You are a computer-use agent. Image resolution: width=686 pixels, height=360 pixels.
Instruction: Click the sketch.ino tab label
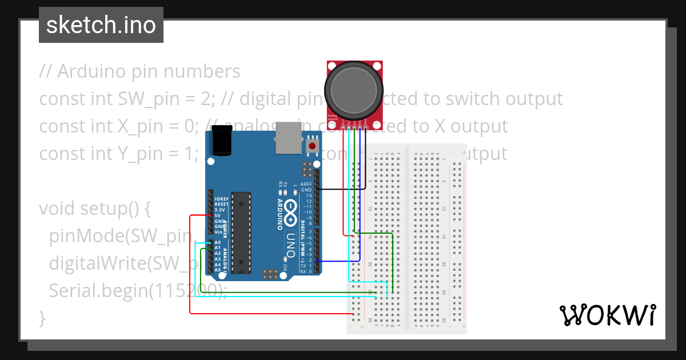tap(101, 25)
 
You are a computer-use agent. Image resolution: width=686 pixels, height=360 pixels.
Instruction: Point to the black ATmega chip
tap(241, 231)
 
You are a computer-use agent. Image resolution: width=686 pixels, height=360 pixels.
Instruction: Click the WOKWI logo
tap(607, 315)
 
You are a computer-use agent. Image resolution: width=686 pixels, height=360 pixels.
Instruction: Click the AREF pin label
tap(306, 184)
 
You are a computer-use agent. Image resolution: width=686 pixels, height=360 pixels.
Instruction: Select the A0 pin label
tap(217, 242)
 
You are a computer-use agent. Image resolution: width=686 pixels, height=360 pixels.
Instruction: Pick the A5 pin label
tap(217, 270)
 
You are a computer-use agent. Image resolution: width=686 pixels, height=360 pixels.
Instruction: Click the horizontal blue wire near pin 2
tap(337, 261)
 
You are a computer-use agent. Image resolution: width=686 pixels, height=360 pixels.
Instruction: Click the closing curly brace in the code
tap(42, 318)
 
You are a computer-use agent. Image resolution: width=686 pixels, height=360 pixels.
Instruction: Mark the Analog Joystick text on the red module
tap(332, 117)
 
